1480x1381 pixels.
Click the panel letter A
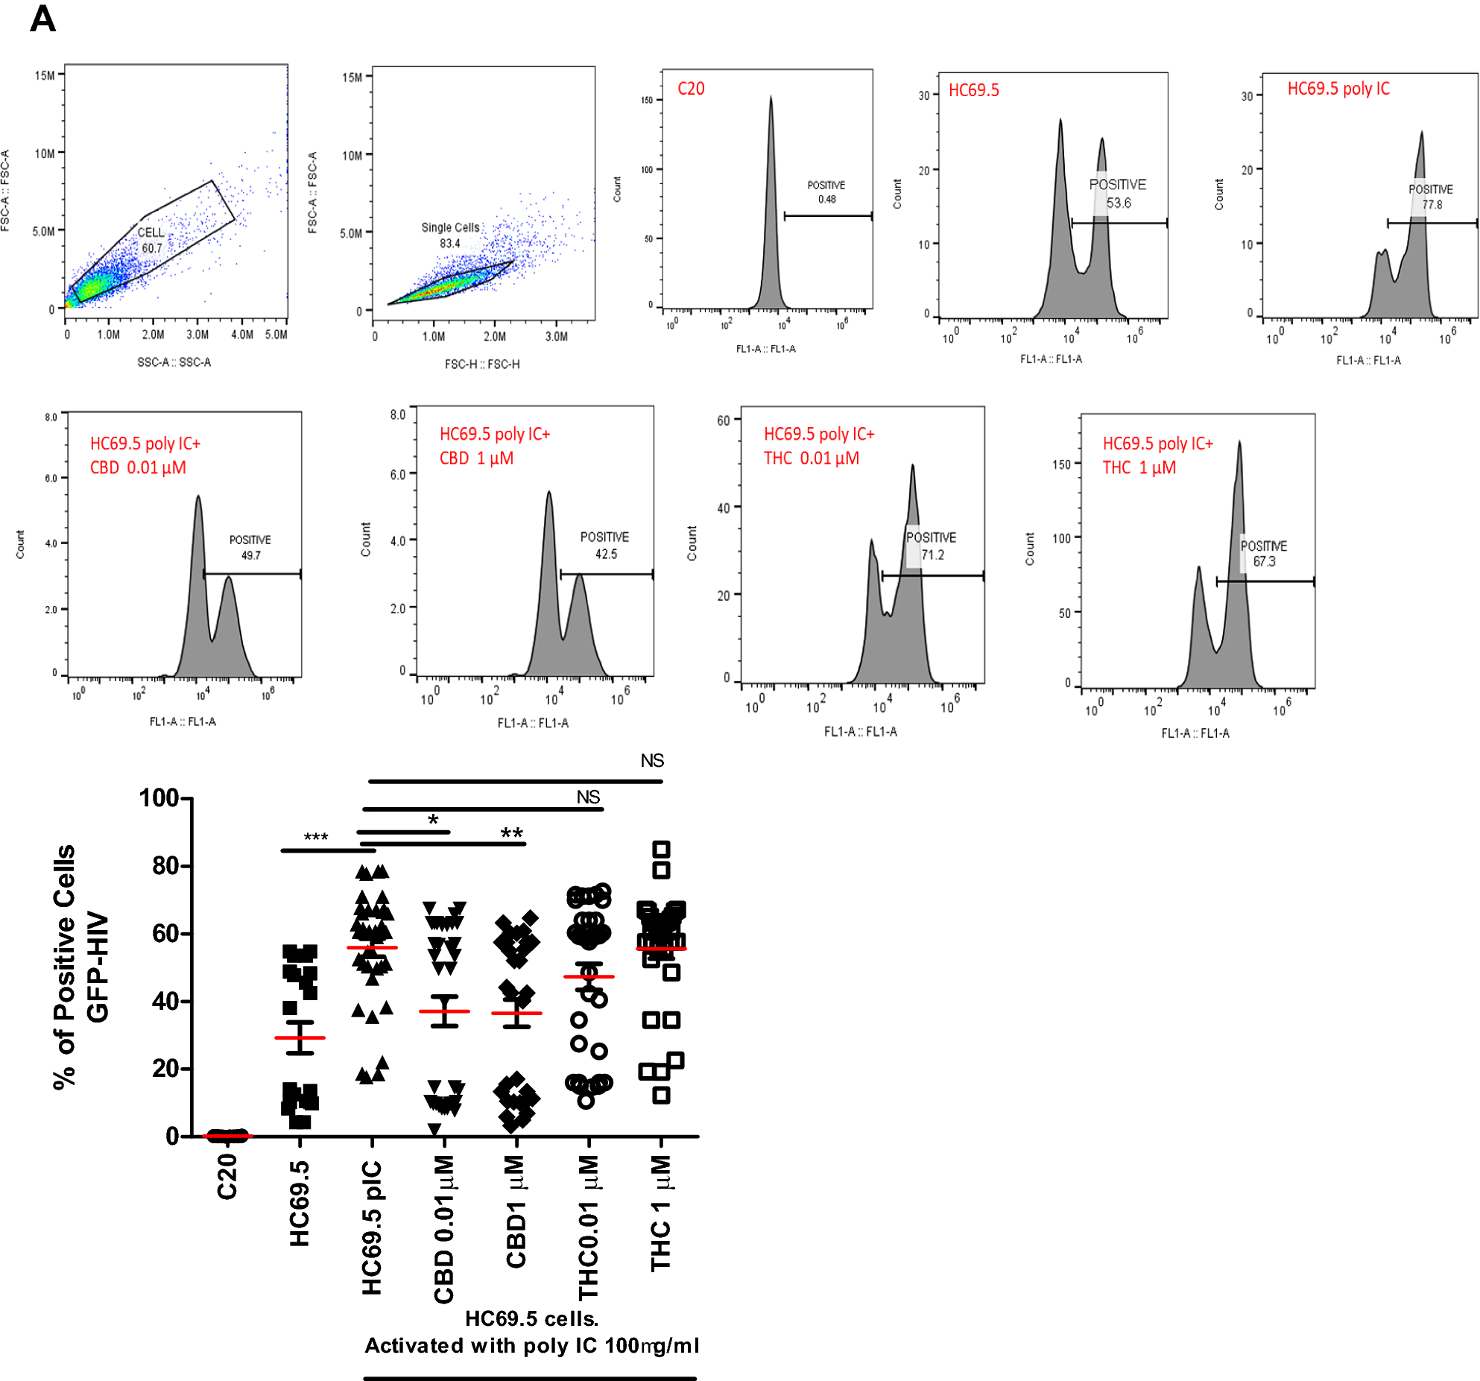click(42, 19)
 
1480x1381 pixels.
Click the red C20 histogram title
click(690, 89)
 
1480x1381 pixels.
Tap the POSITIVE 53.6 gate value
click(1118, 203)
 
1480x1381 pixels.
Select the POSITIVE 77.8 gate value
click(1431, 204)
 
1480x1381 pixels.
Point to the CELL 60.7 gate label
click(151, 240)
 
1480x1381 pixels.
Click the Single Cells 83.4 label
click(450, 235)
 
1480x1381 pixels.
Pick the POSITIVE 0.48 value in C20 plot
click(826, 199)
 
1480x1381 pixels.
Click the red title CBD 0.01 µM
click(138, 467)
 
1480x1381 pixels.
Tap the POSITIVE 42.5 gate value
click(605, 554)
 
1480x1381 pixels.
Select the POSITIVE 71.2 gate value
click(932, 554)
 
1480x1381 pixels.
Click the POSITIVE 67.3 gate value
click(1263, 561)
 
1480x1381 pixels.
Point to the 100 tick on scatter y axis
click(159, 797)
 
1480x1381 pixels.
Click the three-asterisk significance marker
click(315, 838)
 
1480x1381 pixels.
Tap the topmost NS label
click(651, 760)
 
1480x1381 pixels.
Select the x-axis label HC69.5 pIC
click(371, 1226)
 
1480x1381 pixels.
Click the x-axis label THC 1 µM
click(660, 1213)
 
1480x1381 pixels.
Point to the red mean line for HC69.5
click(300, 1037)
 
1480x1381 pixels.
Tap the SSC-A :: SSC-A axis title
click(174, 362)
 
